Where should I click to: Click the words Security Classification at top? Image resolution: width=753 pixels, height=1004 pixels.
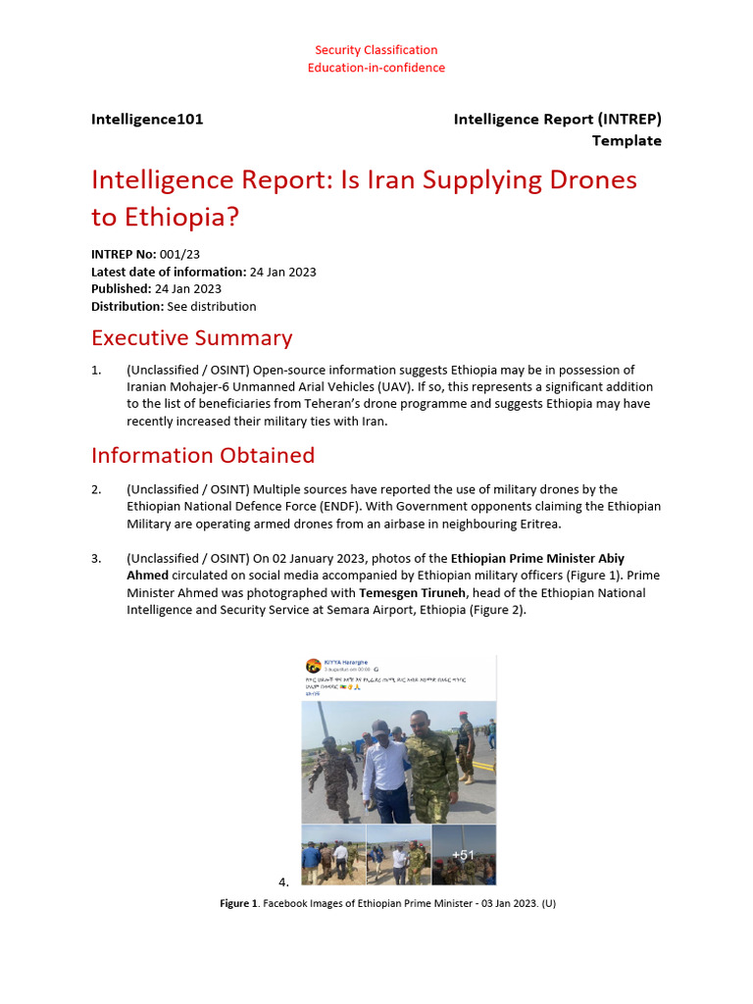[376, 50]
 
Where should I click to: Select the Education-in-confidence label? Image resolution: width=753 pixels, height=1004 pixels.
[376, 68]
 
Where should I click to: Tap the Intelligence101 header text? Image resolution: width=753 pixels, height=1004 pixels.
[147, 120]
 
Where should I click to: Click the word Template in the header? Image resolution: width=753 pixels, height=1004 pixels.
[626, 140]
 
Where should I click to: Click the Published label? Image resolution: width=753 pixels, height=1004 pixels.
[121, 289]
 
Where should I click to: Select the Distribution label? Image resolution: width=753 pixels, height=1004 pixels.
[127, 307]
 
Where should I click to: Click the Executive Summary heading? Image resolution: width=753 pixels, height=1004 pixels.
[191, 338]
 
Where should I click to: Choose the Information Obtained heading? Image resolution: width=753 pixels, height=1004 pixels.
[203, 456]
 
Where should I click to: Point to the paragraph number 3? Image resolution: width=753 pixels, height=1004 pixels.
[96, 559]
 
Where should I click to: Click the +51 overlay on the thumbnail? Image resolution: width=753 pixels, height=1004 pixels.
[463, 855]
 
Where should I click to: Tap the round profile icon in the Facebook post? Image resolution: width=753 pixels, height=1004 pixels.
[313, 667]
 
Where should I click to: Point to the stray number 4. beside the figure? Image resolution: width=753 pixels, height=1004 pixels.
[283, 881]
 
